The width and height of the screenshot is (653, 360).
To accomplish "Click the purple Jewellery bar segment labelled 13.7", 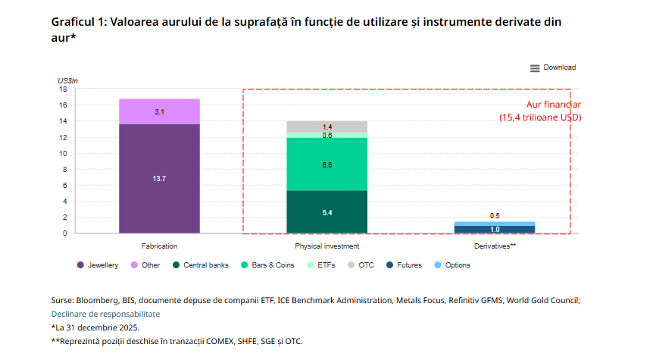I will click(159, 178).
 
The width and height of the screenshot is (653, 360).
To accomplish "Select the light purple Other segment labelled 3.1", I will click(159, 111).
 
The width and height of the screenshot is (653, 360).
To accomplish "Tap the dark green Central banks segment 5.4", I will click(326, 212).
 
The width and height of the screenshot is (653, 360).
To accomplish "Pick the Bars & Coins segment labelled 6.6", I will click(326, 164).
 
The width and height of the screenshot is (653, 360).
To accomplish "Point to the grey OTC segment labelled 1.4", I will click(326, 126).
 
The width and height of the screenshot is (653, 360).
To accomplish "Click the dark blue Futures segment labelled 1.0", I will click(495, 230).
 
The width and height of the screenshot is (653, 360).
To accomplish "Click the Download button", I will click(553, 67).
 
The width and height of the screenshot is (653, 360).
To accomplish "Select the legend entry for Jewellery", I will click(98, 265).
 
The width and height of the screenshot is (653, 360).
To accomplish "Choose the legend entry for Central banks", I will click(201, 265).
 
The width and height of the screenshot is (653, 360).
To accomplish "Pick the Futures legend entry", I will click(406, 265).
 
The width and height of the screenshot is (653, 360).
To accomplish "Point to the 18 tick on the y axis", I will click(64, 89).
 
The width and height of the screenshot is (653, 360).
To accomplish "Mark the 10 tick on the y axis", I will click(64, 153).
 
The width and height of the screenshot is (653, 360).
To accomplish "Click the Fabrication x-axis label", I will click(159, 246).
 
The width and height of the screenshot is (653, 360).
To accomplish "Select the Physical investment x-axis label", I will click(326, 246).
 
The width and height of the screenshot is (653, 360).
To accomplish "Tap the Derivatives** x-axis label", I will click(495, 246).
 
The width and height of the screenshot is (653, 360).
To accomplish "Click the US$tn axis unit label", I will click(67, 80).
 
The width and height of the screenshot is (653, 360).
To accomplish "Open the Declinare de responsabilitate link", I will click(105, 314).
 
